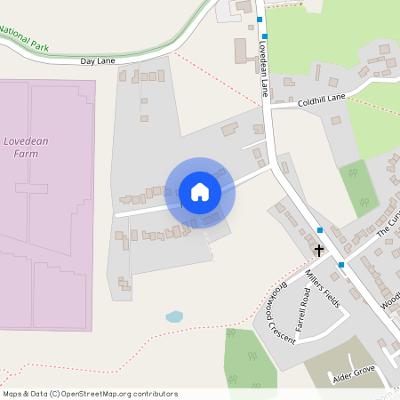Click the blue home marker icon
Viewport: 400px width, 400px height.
[x=200, y=191]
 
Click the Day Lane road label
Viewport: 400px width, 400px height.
[x=99, y=61]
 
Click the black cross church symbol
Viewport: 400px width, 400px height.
[x=319, y=250]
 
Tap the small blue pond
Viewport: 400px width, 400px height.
[x=174, y=316]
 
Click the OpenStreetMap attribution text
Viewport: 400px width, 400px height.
[x=90, y=393]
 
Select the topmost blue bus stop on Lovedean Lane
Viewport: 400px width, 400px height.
[x=260, y=20]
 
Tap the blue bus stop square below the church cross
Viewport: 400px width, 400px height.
[x=340, y=264]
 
